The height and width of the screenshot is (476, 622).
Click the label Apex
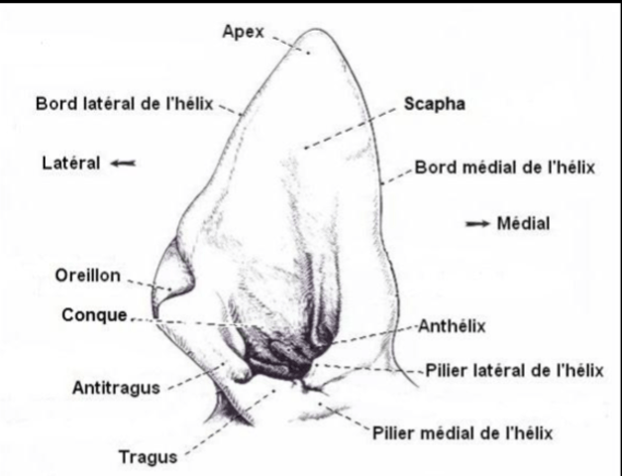coord(243,32)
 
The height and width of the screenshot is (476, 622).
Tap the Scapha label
coord(435,104)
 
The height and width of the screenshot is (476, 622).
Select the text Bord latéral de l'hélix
coord(125,104)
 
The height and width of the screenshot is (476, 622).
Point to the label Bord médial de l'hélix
coord(504,168)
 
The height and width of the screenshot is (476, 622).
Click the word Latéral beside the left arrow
coord(71,163)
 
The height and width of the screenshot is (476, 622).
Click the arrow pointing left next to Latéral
coord(123,163)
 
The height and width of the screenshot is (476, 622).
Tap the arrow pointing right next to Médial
coord(477,224)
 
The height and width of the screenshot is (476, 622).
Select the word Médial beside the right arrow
coord(523,223)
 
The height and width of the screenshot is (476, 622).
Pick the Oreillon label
coord(88,276)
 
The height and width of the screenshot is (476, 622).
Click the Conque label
coord(94,315)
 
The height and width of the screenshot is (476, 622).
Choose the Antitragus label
coord(116,388)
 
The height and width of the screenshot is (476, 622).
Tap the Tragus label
coord(148,457)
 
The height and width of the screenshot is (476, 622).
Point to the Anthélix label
coord(452,326)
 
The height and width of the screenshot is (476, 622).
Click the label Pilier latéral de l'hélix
coord(514,371)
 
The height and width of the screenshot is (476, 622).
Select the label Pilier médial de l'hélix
coord(463,432)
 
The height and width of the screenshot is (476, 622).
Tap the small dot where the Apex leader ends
coord(309,53)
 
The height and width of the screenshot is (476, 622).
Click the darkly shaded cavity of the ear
coord(283,354)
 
